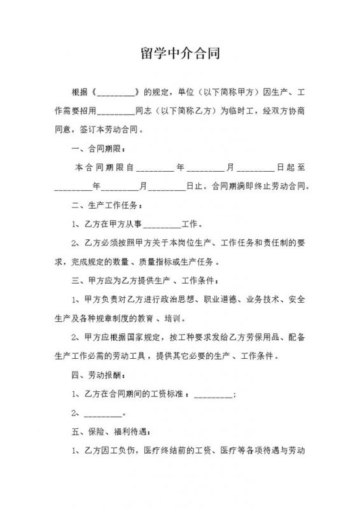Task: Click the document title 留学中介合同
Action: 180,54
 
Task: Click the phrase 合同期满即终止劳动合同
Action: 261,188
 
